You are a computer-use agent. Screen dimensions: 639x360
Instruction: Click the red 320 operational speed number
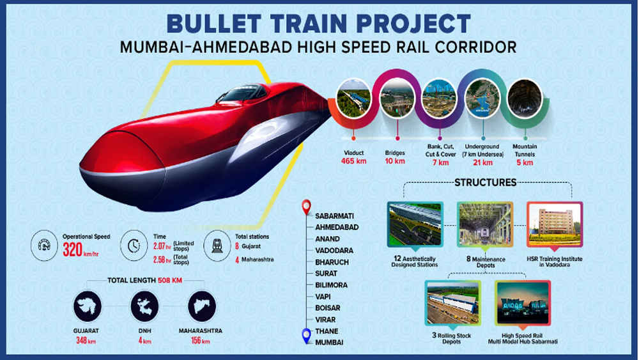tap(73, 249)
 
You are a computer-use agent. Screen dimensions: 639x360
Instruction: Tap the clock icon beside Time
tap(134, 246)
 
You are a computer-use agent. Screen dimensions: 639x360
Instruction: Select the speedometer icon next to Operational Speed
tap(45, 246)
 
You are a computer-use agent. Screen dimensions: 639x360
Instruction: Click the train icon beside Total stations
tap(217, 246)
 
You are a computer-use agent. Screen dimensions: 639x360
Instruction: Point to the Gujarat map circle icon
tap(87, 306)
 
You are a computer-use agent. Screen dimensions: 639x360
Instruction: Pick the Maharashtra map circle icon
tap(202, 306)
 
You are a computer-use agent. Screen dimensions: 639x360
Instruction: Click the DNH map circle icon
tap(144, 306)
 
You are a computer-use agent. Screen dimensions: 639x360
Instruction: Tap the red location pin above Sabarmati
tap(307, 207)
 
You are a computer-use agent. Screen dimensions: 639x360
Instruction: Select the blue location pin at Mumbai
tap(307, 336)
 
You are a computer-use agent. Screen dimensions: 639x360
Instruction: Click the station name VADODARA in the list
tap(334, 250)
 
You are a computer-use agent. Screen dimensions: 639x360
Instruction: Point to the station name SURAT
tap(326, 273)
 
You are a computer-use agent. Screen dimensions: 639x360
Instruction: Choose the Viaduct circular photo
tap(353, 98)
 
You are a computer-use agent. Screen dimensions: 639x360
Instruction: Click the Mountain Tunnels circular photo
tap(525, 98)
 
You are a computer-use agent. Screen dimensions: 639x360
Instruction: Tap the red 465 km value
tap(354, 161)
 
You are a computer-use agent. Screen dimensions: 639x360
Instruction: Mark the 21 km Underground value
tap(482, 162)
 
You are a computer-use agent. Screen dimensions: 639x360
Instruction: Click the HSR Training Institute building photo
tap(555, 224)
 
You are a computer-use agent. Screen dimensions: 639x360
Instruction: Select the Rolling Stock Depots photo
tap(452, 302)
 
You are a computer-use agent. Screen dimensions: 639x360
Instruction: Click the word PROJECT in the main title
tap(413, 23)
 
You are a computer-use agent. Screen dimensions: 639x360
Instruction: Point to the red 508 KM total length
tap(170, 280)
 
